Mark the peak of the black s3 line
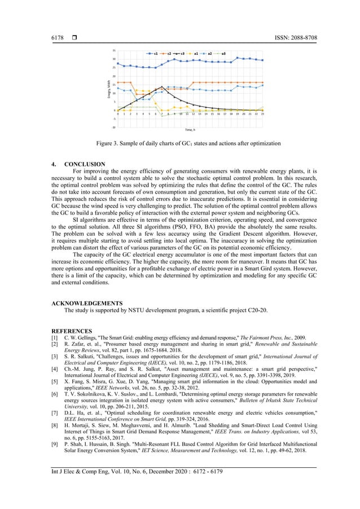163,86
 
